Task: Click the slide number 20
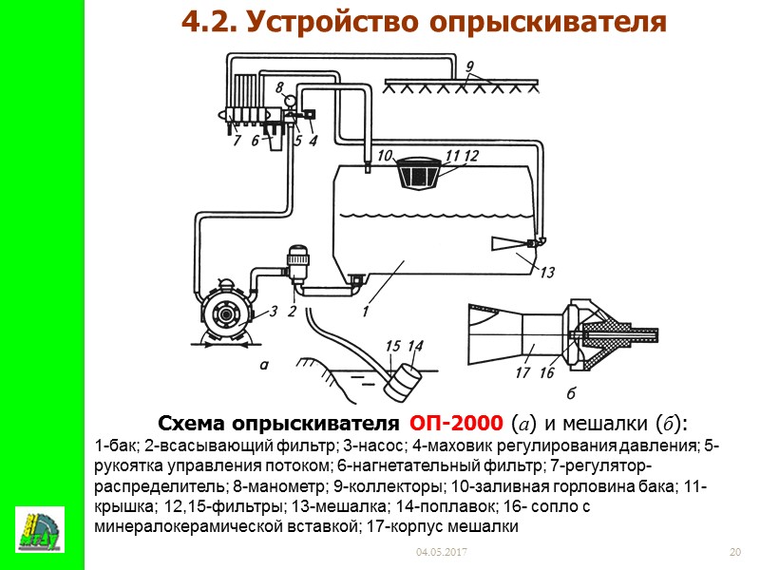coord(733,552)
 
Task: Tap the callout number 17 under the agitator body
coord(522,373)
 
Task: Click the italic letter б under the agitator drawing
coord(570,393)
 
